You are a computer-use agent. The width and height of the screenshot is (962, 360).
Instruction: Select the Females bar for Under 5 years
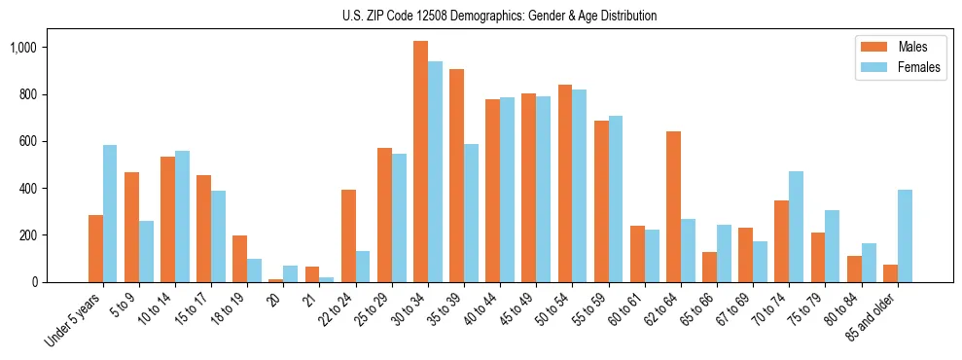pos(110,213)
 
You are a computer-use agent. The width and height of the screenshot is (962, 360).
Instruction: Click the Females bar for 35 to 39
pos(471,213)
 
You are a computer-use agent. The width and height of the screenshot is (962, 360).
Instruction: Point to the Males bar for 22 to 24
pos(348,235)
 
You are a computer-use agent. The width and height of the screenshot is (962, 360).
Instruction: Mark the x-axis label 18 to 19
pos(230,309)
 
